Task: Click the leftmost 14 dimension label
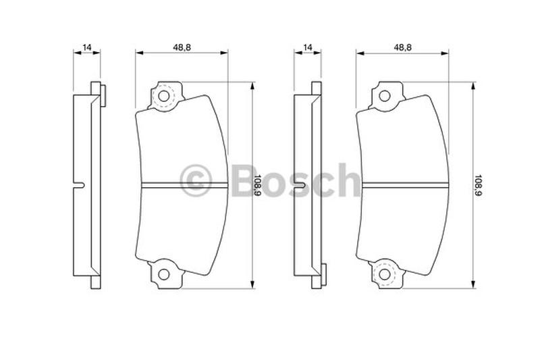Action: point(87,47)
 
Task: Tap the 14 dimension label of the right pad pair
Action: point(308,47)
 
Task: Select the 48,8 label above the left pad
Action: point(182,47)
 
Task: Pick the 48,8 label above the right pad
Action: point(402,47)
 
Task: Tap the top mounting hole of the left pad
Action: point(163,96)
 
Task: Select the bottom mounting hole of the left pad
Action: point(163,275)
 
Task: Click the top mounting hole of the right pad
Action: point(384,96)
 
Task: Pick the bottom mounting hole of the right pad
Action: point(384,275)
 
